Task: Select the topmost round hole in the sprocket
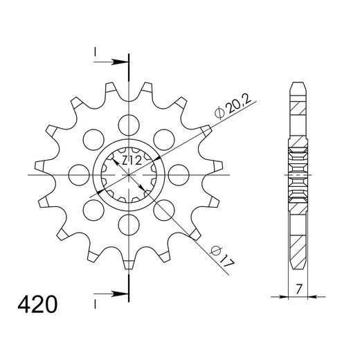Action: click(128, 125)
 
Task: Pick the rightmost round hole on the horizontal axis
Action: click(177, 174)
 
